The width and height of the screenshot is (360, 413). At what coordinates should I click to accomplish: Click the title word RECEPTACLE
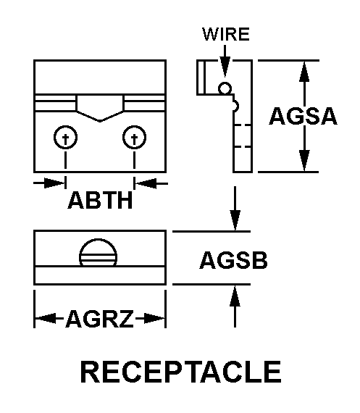(x=180, y=372)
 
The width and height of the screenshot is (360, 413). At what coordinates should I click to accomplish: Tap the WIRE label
(x=225, y=35)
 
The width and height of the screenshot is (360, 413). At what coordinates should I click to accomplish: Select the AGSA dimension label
(x=303, y=116)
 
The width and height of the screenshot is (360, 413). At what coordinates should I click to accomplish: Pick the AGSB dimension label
(x=233, y=261)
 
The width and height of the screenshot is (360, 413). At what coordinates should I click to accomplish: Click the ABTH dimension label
(x=100, y=200)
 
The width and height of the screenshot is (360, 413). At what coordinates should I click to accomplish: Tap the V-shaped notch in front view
(x=101, y=109)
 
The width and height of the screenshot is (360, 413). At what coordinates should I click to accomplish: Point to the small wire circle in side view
(x=225, y=88)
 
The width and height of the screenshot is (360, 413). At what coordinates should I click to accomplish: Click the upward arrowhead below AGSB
(x=235, y=296)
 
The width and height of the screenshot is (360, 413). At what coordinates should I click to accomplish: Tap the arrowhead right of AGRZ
(x=154, y=318)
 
